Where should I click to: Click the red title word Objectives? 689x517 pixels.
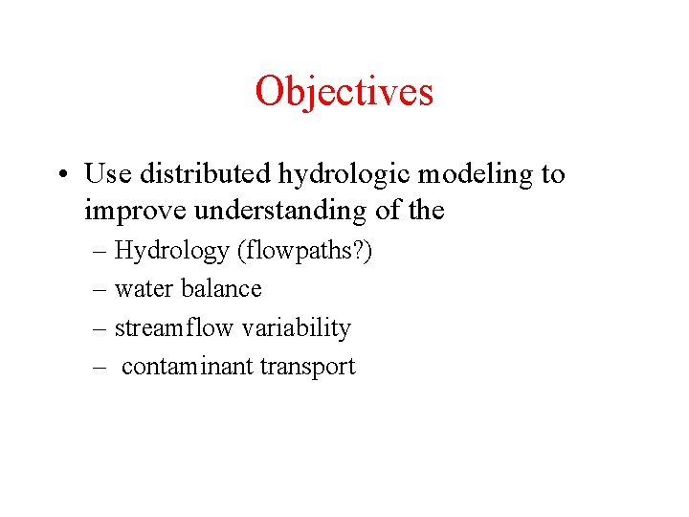(344, 92)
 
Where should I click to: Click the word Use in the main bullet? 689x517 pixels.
(108, 174)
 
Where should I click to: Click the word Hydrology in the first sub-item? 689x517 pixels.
(172, 252)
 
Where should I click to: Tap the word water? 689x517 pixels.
(139, 289)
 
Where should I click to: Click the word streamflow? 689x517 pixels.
(174, 328)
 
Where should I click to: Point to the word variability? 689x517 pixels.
(297, 328)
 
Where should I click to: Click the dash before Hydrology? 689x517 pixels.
(101, 252)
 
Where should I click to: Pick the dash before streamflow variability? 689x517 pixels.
(101, 328)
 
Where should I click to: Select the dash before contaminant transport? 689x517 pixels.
(101, 367)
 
